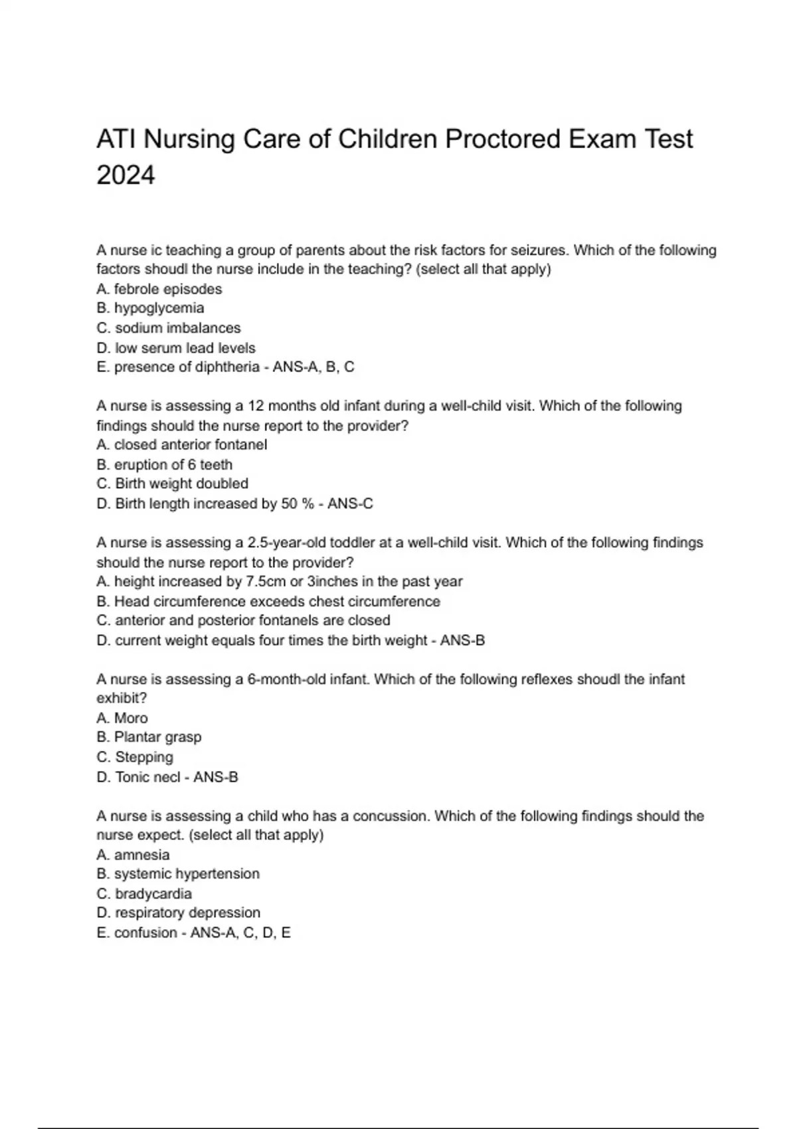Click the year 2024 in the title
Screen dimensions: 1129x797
click(x=126, y=175)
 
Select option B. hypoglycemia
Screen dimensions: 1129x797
click(x=150, y=308)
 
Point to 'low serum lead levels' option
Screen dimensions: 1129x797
click(x=176, y=347)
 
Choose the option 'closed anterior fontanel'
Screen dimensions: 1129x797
click(x=182, y=444)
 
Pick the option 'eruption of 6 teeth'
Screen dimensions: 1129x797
click(x=165, y=464)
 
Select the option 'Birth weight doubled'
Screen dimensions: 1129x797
click(x=173, y=483)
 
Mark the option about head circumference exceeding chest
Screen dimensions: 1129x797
click(x=268, y=601)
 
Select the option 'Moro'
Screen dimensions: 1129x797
click(x=122, y=718)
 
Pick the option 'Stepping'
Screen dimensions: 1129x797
click(x=135, y=757)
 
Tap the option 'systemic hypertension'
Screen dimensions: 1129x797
click(x=178, y=873)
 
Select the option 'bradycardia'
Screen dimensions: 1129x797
click(x=144, y=893)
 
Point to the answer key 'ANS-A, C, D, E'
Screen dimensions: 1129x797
click(x=240, y=932)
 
